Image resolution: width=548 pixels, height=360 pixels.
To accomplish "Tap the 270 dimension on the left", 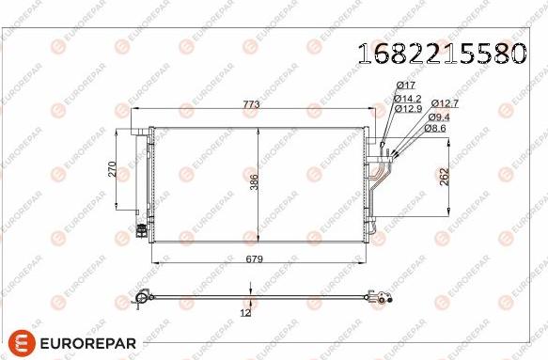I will (111, 169).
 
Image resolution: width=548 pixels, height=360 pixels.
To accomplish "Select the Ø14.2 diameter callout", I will (407, 98).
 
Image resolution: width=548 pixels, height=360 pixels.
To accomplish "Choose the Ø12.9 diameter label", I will (407, 108).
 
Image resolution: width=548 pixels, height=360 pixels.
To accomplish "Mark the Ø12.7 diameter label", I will (445, 103).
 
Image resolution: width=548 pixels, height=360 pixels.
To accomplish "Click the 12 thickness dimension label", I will (245, 312).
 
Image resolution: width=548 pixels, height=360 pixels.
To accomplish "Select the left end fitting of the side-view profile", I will (143, 299).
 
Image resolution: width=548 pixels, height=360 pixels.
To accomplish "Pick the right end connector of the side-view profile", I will (382, 301).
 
